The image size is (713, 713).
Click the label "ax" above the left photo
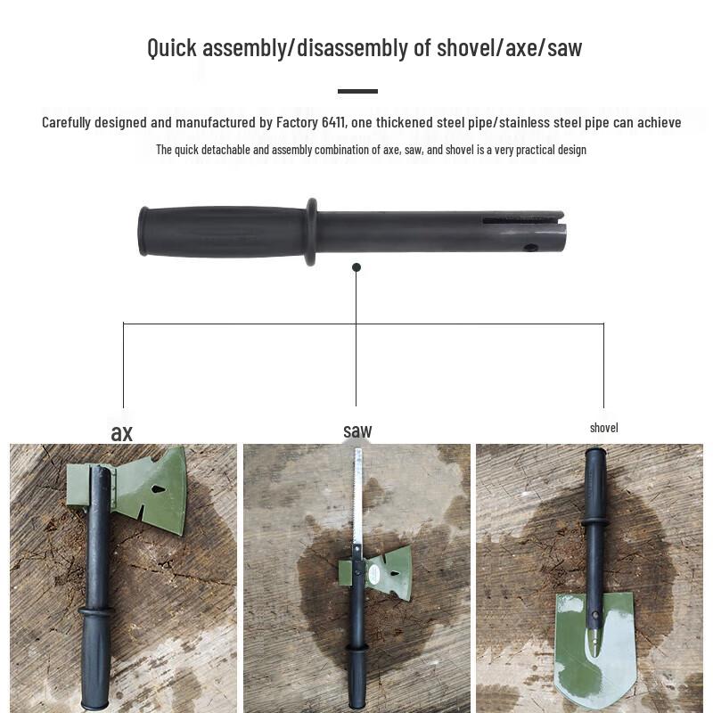coord(121,433)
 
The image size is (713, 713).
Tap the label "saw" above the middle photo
coord(357,431)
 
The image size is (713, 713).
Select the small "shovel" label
coord(603,428)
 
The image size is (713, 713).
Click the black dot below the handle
coord(356,267)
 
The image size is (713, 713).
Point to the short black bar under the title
coord(357,91)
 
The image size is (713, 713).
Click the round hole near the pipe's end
coord(531,247)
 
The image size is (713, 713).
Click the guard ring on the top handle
coord(310,232)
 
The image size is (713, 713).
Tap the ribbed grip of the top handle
coord(223,232)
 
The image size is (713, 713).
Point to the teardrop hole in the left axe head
coord(158,488)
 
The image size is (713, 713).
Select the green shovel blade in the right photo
coord(594,642)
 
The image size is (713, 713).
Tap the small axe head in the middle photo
coord(389,570)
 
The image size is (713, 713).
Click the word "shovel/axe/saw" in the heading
coord(509,47)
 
